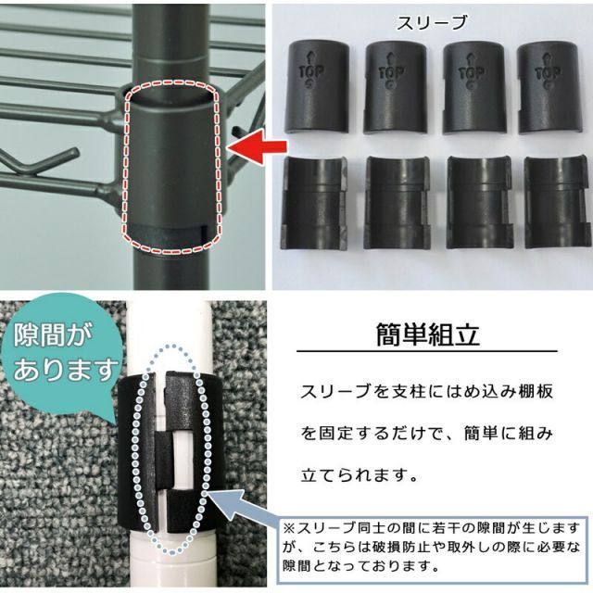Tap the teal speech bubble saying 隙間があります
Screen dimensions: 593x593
57,358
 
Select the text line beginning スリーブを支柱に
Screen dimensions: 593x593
428,392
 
